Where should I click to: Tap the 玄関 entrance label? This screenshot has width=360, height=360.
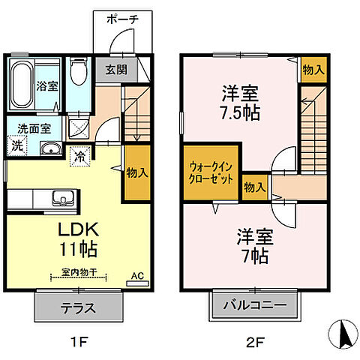coord(115,70)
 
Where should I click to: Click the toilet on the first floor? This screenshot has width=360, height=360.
coord(78,75)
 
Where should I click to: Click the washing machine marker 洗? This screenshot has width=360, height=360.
coord(16,145)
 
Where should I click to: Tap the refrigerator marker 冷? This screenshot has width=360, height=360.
coord(79,157)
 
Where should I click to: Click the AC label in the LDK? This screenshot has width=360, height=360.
coord(137,276)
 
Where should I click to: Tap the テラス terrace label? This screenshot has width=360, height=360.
coord(78,307)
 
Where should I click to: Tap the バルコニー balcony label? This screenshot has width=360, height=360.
coord(255,307)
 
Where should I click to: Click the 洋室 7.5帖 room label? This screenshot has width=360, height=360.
coord(239,105)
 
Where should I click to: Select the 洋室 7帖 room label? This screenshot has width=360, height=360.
coord(256,245)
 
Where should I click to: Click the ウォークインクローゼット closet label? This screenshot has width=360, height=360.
coord(210,173)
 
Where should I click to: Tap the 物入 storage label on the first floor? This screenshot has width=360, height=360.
coord(136,172)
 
